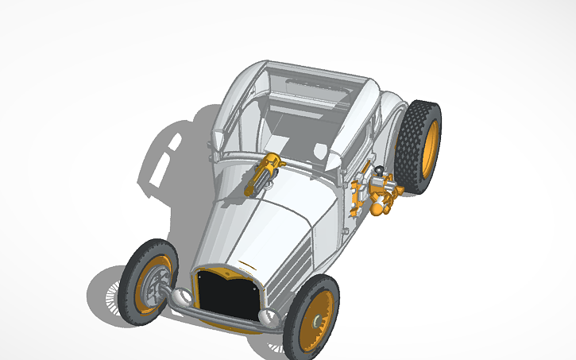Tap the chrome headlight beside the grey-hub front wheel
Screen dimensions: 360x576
tap(182, 297)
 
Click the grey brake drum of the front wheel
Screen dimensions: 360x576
tap(157, 285)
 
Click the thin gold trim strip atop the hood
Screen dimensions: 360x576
tap(247, 263)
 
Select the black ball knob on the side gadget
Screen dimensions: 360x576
tap(380, 170)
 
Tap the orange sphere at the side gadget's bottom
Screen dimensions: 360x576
tap(377, 209)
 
